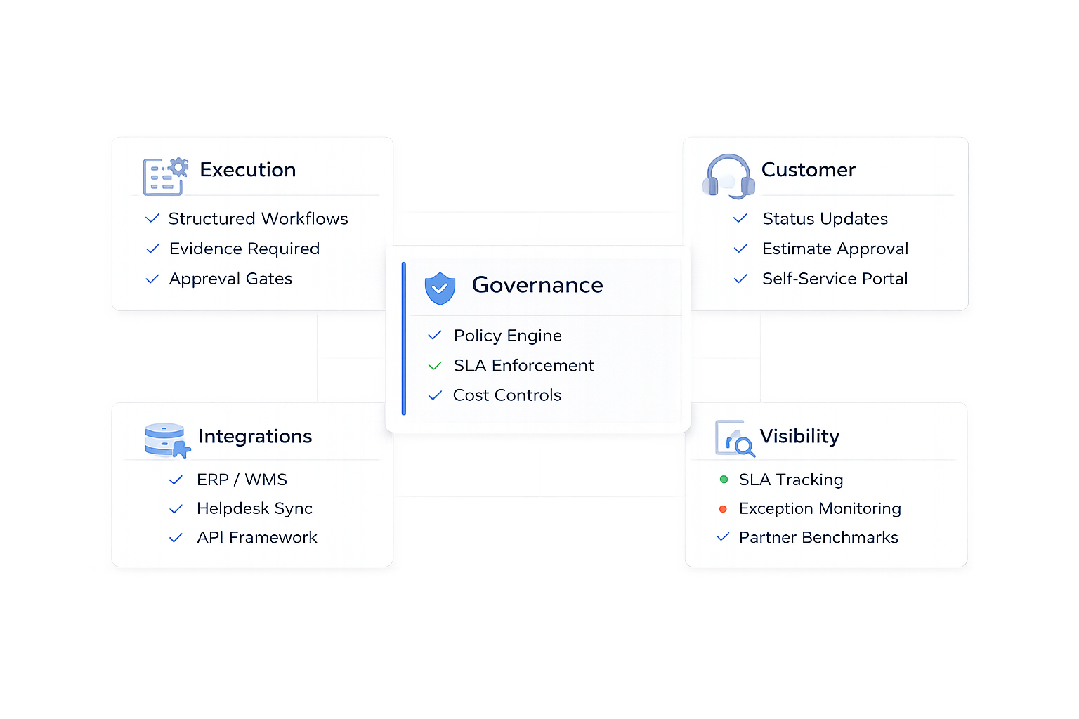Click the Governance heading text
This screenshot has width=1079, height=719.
(x=537, y=285)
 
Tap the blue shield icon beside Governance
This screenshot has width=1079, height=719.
(x=440, y=288)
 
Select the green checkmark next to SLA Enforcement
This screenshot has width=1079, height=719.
(x=435, y=366)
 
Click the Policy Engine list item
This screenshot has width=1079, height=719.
(x=507, y=336)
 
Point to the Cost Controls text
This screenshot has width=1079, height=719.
(x=506, y=395)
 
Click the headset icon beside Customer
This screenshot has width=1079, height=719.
(x=728, y=176)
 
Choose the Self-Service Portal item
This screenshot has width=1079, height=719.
(x=835, y=279)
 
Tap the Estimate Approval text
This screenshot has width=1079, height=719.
(x=835, y=249)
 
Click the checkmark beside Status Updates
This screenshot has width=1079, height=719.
(x=740, y=218)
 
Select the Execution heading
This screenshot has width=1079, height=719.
(x=247, y=170)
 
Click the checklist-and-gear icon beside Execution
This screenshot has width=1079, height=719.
(x=165, y=176)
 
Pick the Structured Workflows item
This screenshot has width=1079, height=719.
(x=258, y=218)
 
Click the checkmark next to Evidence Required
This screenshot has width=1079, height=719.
(x=152, y=249)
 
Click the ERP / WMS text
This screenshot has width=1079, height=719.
(x=242, y=480)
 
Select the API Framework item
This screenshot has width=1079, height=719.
(x=256, y=537)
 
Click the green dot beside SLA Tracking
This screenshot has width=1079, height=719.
(x=724, y=480)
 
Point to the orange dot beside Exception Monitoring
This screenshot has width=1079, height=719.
(x=723, y=508)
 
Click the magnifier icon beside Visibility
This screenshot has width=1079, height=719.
(x=735, y=439)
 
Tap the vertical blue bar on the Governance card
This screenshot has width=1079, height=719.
(x=404, y=338)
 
